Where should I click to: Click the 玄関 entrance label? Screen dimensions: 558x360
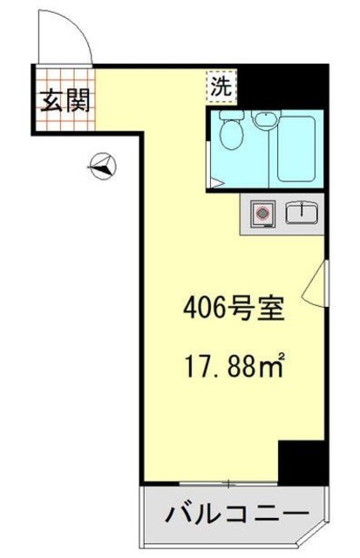coord(64,102)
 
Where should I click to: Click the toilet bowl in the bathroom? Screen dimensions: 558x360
coord(230,136)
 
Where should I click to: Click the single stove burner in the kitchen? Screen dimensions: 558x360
coord(261,212)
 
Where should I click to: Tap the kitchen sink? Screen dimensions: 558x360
coord(302,212)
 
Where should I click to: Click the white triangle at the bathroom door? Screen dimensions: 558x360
coord(215,182)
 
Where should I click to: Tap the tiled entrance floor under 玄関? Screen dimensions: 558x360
coord(65,121)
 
